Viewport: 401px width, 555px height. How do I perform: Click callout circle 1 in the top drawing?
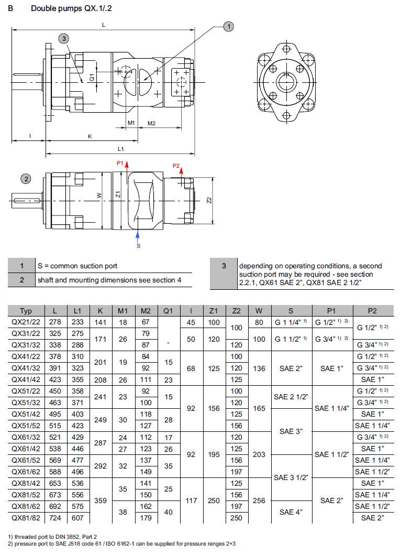(228, 26)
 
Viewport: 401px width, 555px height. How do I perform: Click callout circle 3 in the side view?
(63, 38)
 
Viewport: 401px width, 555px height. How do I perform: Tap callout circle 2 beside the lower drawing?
(26, 179)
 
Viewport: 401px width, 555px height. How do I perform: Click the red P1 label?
(119, 164)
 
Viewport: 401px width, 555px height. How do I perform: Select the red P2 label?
(176, 166)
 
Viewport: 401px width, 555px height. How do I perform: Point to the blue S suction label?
(138, 245)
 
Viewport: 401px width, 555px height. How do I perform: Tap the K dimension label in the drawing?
(90, 136)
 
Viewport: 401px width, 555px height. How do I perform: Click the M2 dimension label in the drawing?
(151, 123)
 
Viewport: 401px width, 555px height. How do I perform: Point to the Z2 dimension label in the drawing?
(208, 201)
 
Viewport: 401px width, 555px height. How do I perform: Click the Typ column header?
(26, 311)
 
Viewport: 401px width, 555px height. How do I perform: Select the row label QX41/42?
(26, 379)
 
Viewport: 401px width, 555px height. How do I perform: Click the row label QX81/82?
(26, 518)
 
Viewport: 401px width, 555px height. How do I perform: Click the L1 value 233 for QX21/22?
(77, 322)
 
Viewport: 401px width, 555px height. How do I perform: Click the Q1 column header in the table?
(168, 311)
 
